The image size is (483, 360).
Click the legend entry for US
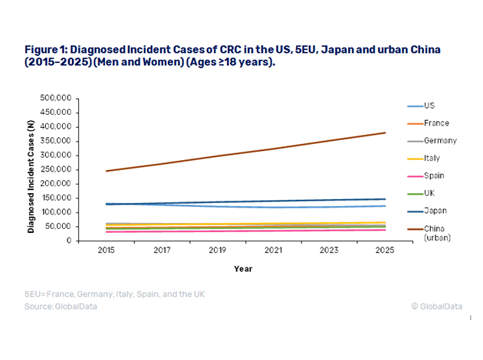click(429, 106)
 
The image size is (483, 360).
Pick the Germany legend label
click(439, 141)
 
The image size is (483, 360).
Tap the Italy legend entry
click(431, 159)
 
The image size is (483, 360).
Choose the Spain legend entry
click(433, 175)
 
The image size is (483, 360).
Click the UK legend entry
click(429, 193)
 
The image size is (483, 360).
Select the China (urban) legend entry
click(435, 232)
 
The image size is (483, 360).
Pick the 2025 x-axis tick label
click(385, 250)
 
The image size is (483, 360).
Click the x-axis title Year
click(243, 268)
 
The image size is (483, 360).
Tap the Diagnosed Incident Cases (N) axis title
click(33, 169)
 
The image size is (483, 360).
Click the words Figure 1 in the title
click(47, 49)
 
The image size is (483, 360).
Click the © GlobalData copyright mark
click(436, 306)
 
